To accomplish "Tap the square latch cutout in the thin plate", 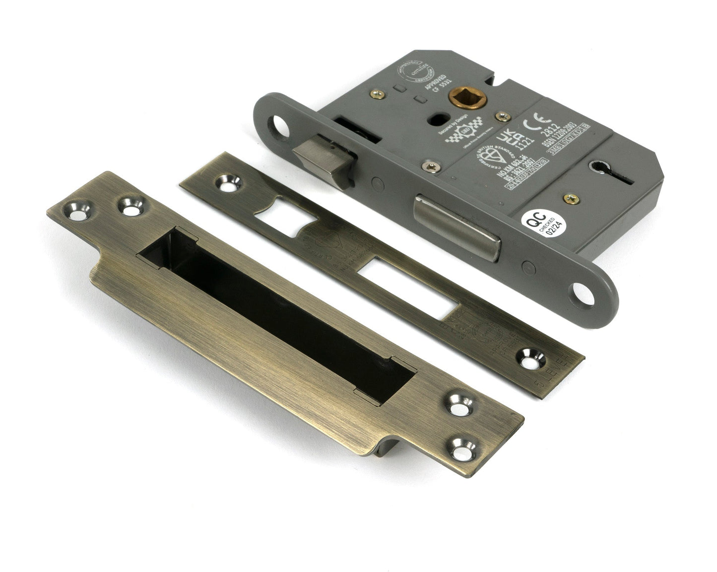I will point(284,210).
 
